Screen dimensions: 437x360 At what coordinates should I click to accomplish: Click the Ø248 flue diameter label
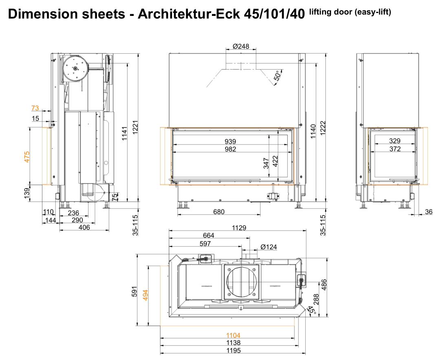click(241, 46)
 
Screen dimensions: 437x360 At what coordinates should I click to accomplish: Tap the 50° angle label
click(278, 75)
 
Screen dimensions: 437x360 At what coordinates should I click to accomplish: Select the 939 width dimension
click(230, 141)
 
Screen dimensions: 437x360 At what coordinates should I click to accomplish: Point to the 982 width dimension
click(230, 149)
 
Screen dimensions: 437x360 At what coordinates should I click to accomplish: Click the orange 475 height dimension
click(27, 157)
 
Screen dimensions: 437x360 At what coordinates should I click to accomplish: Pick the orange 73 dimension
click(35, 108)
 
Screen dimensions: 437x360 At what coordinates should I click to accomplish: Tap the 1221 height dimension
click(135, 127)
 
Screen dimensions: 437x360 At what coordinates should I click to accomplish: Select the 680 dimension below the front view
click(219, 212)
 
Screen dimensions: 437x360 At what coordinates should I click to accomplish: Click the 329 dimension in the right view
click(395, 141)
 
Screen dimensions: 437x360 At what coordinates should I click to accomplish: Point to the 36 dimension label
click(428, 212)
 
